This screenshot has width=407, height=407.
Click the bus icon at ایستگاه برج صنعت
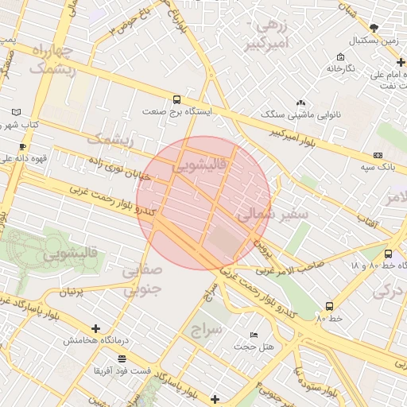pos(176,99)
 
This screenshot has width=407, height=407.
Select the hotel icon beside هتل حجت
pos(254,335)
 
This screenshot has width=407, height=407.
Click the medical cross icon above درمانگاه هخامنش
pos(96,328)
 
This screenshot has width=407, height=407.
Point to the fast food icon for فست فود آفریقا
pos(120,359)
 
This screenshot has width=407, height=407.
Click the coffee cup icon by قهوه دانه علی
pos(23,146)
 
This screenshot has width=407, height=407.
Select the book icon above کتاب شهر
pos(17,113)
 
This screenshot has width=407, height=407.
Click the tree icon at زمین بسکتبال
pos(374,28)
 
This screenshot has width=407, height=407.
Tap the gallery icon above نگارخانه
pos(340,56)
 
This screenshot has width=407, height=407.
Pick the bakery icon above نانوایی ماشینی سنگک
pos(300,103)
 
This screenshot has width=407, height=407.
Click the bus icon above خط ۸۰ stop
pos(329,306)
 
